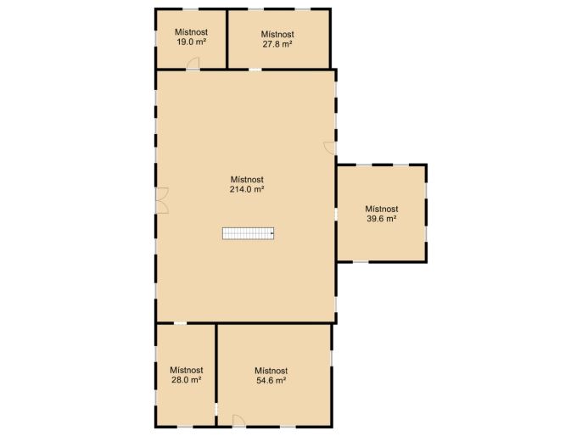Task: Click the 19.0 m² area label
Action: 191,42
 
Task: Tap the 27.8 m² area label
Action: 277,44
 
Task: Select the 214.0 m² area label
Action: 247,189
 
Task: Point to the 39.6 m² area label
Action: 382,219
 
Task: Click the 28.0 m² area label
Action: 187,380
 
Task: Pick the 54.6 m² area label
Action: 271,380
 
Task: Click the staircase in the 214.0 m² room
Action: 249,233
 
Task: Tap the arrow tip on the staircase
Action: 273,233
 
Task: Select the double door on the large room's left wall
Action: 161,200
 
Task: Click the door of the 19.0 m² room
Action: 193,64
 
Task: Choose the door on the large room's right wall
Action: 330,148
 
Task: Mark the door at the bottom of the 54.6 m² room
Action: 238,421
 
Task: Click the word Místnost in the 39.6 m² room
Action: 382,209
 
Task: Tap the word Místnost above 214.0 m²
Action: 247,180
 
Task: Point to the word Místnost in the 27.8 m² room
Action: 277,34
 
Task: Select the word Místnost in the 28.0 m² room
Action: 187,370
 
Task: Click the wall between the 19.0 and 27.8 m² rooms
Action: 227,39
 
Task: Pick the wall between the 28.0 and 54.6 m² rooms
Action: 216,375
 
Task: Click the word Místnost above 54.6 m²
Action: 271,371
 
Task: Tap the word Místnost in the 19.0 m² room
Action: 191,32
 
